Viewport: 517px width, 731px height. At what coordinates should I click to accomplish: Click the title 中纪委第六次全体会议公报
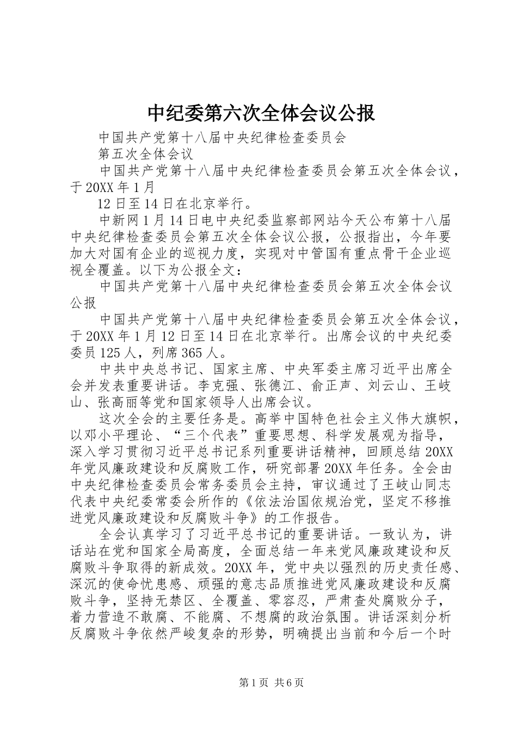(261, 113)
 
